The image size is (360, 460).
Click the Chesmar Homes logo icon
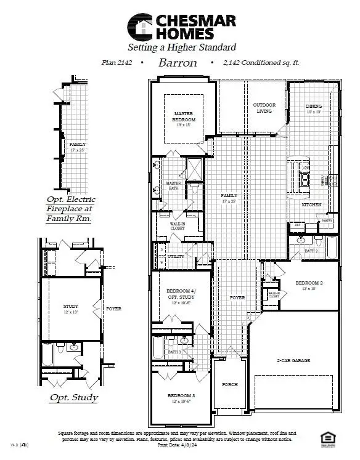point(139,26)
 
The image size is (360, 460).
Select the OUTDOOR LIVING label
point(264,108)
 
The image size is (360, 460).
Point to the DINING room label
point(314,106)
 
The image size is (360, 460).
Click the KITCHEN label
point(311,204)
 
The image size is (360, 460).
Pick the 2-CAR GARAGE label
point(293,360)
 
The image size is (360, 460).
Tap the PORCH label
point(230,384)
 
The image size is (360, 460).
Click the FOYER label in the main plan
point(237,297)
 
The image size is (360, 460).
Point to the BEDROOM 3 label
point(181,395)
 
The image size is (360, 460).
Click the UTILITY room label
point(176,256)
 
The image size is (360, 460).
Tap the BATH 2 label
point(311,251)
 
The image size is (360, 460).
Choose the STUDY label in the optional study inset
point(70,306)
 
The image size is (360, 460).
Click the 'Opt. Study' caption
point(73,397)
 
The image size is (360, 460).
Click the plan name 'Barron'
point(177,63)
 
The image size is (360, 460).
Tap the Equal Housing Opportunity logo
point(329,438)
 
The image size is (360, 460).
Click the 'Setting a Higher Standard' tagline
point(181,47)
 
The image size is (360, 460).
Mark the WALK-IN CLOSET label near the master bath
point(178,226)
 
